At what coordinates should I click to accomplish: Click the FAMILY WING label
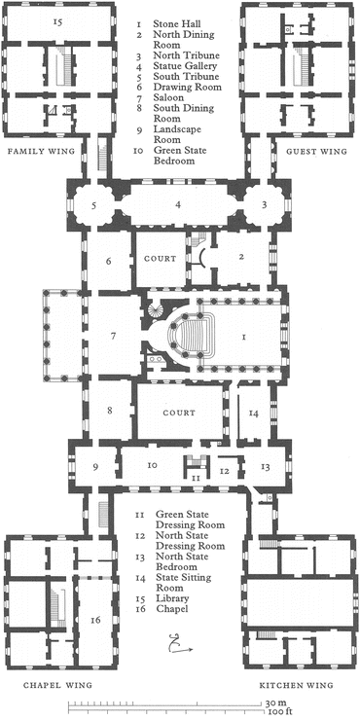pyautogui.click(x=40, y=151)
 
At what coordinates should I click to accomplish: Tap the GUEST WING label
pyautogui.click(x=316, y=151)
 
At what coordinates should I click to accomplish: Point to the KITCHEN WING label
pyautogui.click(x=296, y=685)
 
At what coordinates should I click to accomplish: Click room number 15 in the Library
pyautogui.click(x=57, y=21)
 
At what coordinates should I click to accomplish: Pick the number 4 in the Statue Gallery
pyautogui.click(x=178, y=205)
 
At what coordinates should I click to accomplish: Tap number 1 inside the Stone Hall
pyautogui.click(x=244, y=338)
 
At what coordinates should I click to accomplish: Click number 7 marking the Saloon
pyautogui.click(x=113, y=336)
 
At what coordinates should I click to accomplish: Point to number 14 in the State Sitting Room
pyautogui.click(x=254, y=414)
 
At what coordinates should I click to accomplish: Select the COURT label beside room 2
pyautogui.click(x=160, y=259)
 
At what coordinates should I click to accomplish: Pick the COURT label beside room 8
pyautogui.click(x=179, y=413)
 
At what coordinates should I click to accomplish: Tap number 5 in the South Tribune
pyautogui.click(x=93, y=206)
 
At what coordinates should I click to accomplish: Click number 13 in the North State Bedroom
pyautogui.click(x=266, y=467)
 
